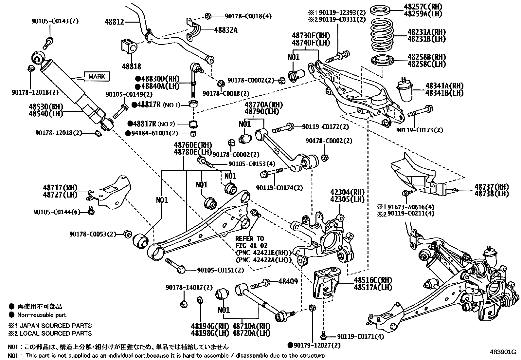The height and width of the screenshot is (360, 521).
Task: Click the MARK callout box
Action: (97, 77)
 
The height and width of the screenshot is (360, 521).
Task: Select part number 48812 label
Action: (115, 22)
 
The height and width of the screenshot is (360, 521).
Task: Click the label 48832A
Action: (225, 30)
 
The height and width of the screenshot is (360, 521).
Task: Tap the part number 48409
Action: (288, 281)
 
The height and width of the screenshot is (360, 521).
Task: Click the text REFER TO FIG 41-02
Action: (251, 242)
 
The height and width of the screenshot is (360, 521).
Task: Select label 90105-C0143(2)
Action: (55, 21)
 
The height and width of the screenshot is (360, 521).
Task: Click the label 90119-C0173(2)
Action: (420, 130)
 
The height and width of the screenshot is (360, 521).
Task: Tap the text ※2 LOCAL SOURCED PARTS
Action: (50, 333)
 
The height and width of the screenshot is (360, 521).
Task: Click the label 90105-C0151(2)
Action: (220, 270)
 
